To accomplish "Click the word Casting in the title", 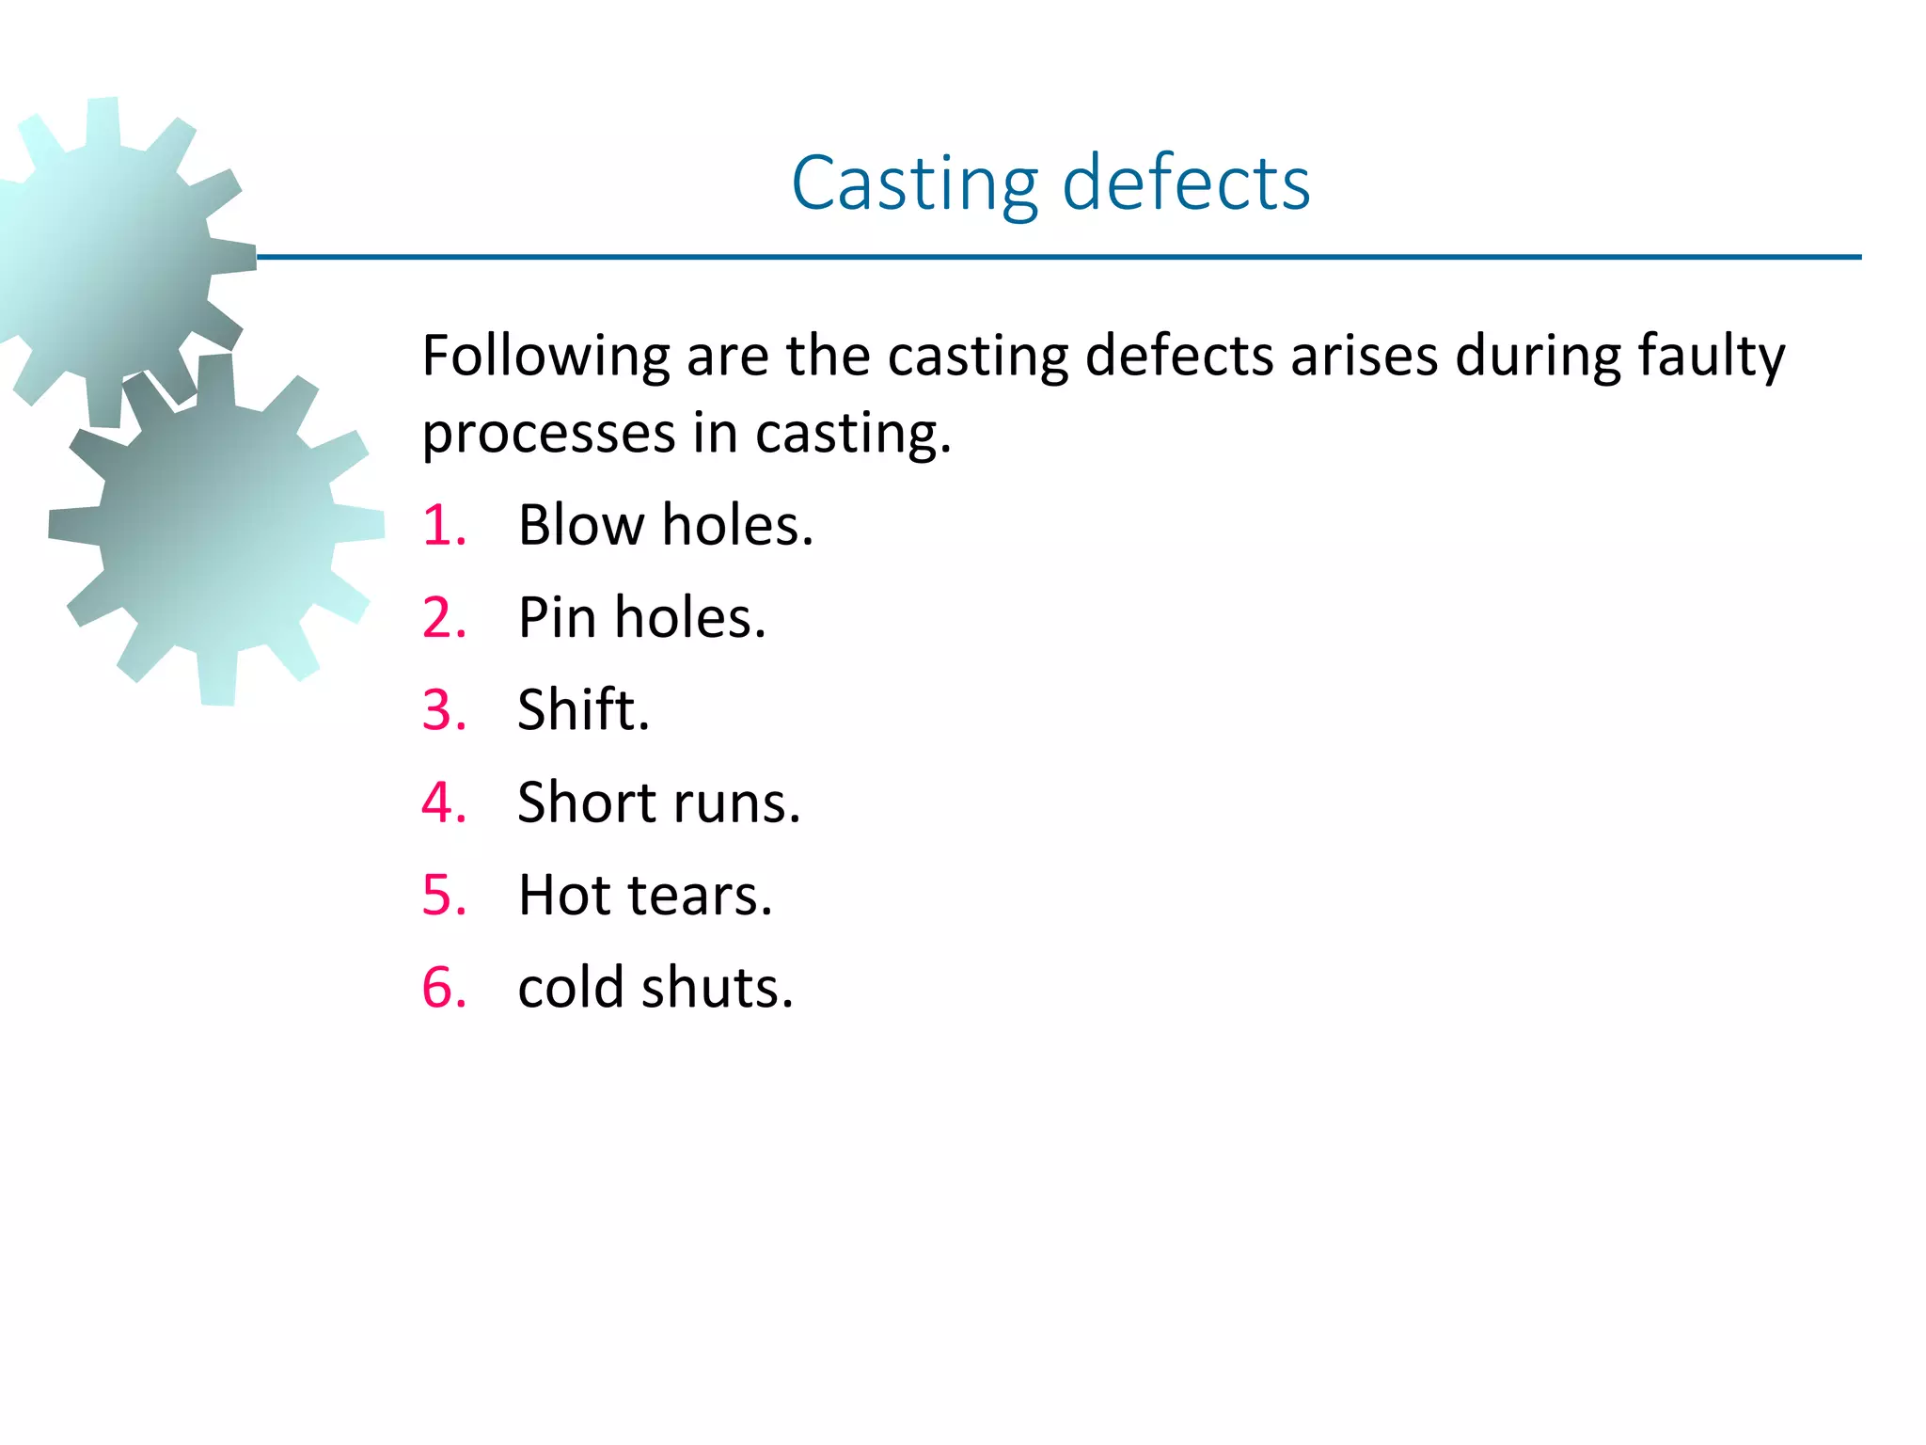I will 915,183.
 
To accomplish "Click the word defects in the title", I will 1186,183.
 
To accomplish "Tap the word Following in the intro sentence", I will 545,357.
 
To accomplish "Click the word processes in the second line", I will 548,435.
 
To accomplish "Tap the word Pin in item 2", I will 557,618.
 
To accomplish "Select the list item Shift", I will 583,710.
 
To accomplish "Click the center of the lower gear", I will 217,530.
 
